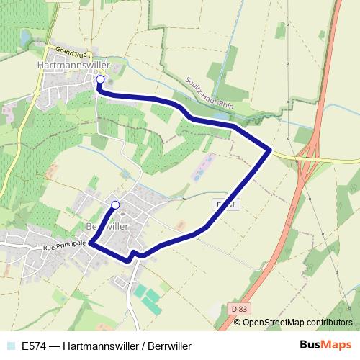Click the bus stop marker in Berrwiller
pos(115,204)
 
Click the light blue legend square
pos(10,346)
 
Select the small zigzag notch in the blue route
pos(134,255)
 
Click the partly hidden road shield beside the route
pos(223,205)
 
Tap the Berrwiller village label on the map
pos(106,225)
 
